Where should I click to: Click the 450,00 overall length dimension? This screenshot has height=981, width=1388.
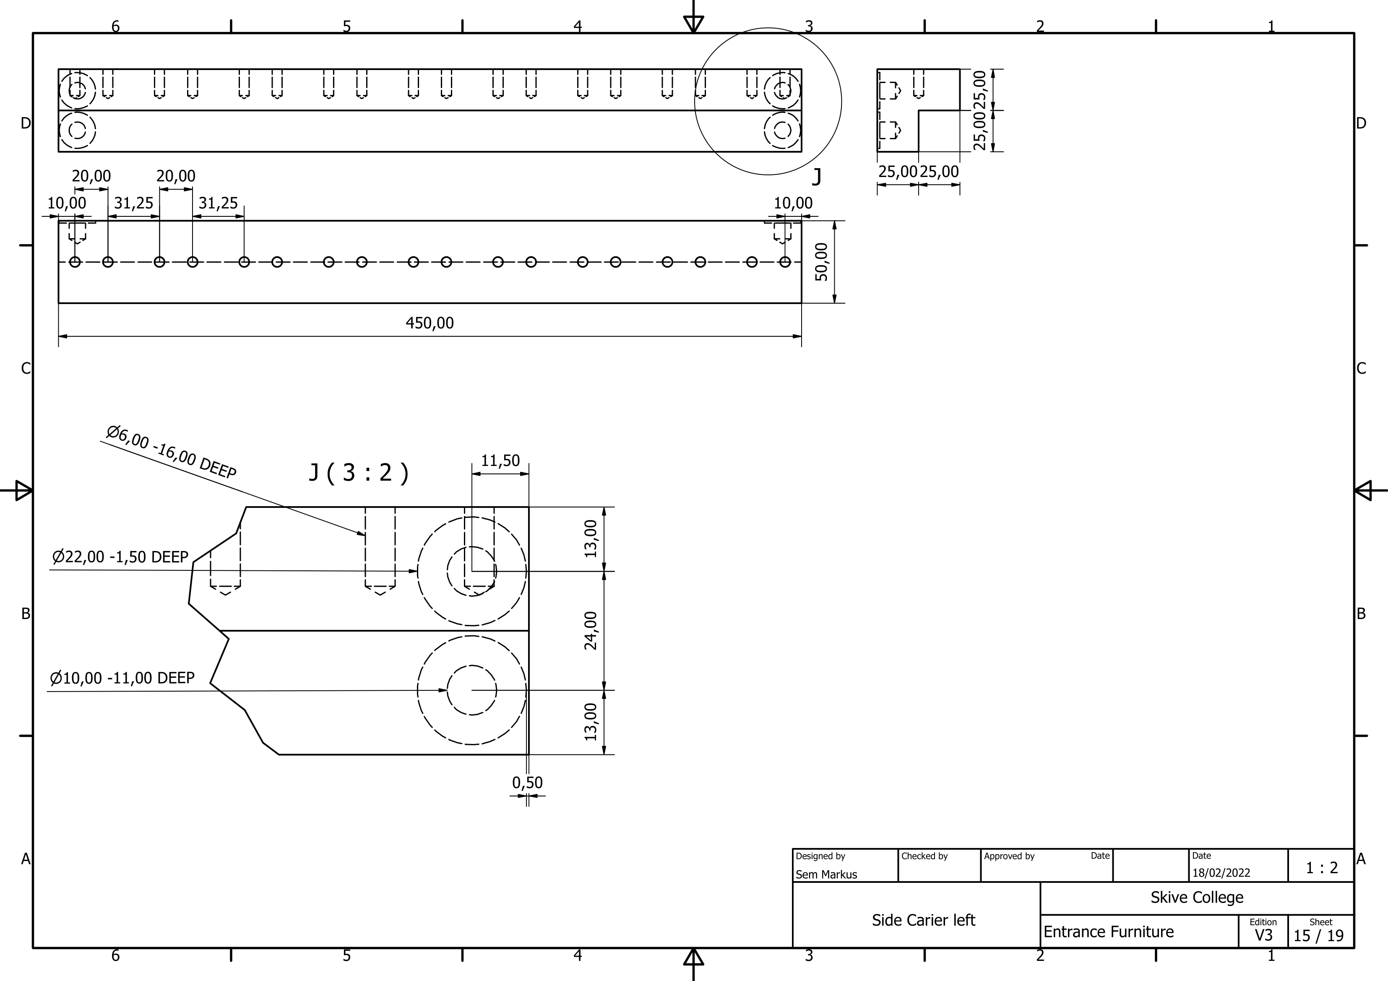[x=429, y=323]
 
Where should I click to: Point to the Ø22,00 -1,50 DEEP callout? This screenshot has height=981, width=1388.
[x=120, y=557]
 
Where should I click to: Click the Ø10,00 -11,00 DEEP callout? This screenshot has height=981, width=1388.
[x=122, y=678]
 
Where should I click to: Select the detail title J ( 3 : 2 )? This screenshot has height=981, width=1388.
[x=359, y=472]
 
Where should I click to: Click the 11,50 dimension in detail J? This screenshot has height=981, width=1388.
[x=500, y=461]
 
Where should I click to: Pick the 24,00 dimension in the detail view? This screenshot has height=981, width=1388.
[x=591, y=630]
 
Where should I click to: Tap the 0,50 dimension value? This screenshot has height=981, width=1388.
[x=527, y=782]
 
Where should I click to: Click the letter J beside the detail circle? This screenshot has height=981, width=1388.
[x=816, y=177]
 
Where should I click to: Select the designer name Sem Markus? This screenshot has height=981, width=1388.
[x=826, y=874]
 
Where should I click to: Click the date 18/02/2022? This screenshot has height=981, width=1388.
[x=1221, y=873]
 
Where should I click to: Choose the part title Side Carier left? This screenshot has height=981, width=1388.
[x=923, y=920]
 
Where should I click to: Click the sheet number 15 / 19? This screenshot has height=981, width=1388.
[x=1318, y=936]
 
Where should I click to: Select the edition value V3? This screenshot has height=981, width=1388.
[x=1263, y=935]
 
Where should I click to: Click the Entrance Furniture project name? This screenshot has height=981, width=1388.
[x=1108, y=932]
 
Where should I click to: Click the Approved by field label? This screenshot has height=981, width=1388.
[x=1008, y=856]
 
